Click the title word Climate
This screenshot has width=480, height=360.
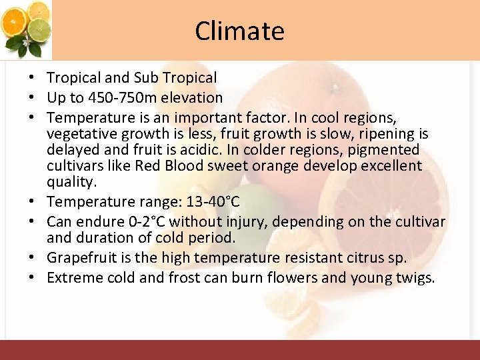point(239,31)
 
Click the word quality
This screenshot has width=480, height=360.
point(71,182)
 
